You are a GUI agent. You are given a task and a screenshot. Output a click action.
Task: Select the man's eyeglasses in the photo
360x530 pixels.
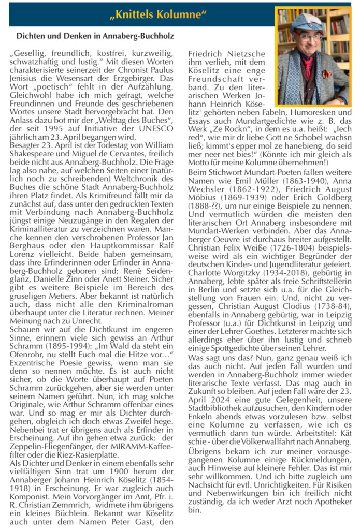[306, 36]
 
